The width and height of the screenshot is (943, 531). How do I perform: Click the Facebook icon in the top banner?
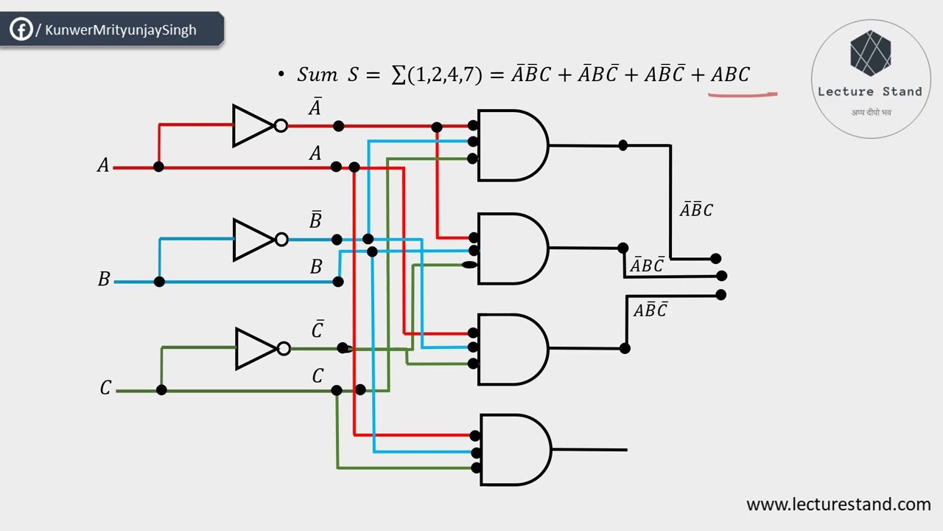[x=21, y=29]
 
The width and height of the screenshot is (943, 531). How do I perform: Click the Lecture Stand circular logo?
[x=870, y=79]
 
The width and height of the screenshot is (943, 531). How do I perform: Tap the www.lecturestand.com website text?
[x=838, y=504]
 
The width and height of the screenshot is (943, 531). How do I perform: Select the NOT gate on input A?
[x=254, y=125]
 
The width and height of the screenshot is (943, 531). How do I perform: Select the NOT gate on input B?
[x=255, y=239]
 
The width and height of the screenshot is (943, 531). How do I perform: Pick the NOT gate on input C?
[x=257, y=348]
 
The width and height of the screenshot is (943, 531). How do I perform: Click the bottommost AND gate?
[x=514, y=449]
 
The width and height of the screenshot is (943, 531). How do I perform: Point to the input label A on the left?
[x=103, y=166]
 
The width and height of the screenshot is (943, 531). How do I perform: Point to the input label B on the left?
[x=104, y=280]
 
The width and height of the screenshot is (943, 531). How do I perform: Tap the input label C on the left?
[x=105, y=388]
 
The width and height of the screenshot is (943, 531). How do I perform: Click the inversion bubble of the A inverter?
[x=281, y=125]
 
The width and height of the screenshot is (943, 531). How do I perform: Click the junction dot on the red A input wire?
[x=158, y=167]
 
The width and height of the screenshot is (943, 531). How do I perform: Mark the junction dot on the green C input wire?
[x=161, y=389]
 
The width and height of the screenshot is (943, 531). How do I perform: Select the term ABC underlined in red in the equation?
[x=730, y=74]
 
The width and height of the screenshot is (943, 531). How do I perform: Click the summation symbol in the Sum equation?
[x=399, y=74]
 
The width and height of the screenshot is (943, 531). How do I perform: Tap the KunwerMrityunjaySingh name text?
[x=121, y=30]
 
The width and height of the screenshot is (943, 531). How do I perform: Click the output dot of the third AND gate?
[x=625, y=348]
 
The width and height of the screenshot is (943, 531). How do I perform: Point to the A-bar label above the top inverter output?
[x=315, y=108]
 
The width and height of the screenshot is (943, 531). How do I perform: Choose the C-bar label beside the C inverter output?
[x=318, y=330]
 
